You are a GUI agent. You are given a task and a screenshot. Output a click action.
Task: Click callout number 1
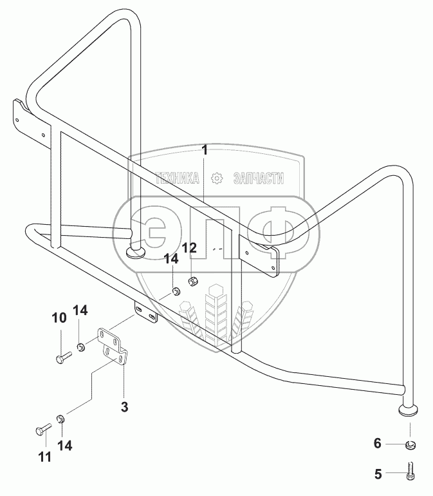205,151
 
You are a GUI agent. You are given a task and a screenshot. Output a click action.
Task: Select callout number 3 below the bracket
125,407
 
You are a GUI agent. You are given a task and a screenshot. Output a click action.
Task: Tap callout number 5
377,475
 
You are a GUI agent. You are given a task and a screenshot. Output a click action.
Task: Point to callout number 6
377,444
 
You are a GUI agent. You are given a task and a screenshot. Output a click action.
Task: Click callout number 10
59,318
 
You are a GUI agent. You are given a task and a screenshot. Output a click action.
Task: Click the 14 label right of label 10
80,310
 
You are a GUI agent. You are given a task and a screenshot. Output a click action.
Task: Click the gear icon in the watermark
217,176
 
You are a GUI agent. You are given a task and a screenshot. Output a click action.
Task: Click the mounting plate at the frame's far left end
26,122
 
